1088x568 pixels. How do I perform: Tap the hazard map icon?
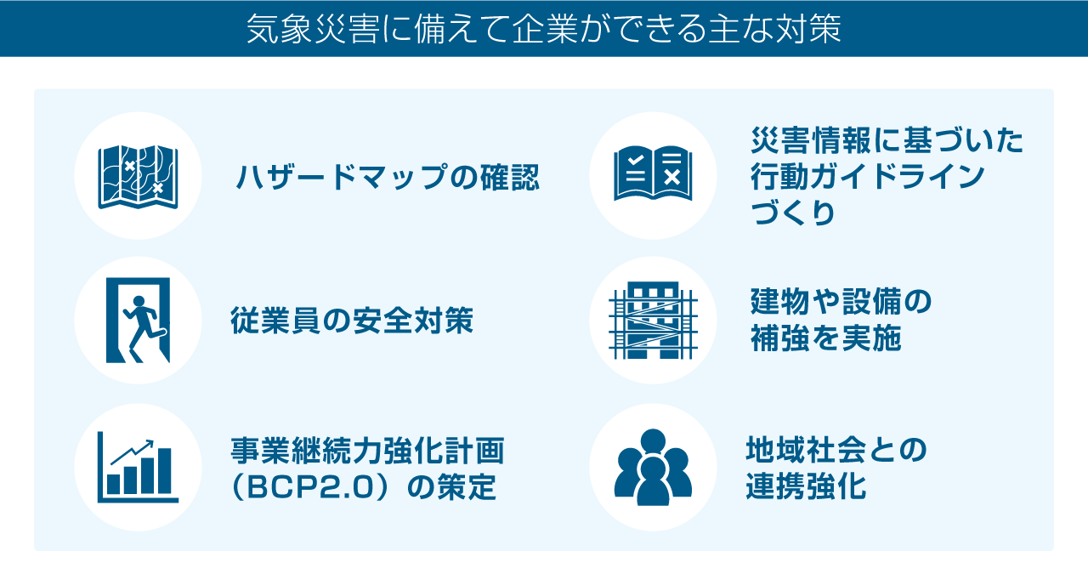(138, 176)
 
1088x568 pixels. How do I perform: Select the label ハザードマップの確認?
(388, 178)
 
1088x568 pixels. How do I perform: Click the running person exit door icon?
(138, 321)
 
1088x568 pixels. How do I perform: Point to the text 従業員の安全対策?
(353, 321)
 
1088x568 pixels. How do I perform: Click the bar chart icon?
(138, 468)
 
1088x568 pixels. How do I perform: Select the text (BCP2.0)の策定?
(363, 489)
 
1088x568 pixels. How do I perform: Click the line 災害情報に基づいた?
(887, 140)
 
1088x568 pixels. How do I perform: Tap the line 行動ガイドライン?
(868, 177)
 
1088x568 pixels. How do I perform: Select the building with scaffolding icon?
(653, 321)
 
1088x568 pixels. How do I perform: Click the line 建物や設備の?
(841, 302)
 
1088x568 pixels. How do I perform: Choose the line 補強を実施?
(825, 339)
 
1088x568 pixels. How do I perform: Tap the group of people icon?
(653, 467)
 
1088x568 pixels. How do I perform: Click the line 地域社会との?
(836, 449)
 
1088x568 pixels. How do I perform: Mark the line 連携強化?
(807, 487)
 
